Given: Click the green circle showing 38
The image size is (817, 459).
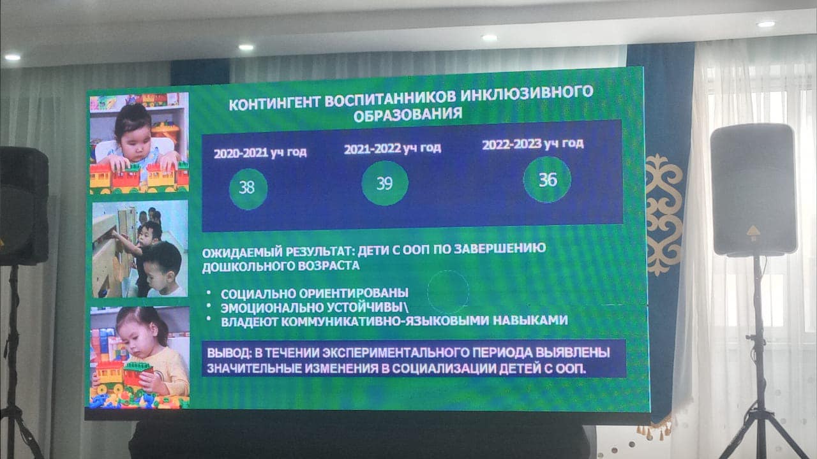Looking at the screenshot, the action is coord(248,189).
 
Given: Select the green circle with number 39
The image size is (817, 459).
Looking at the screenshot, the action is coord(385,183).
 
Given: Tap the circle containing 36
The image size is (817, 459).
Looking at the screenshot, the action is coord(547,179).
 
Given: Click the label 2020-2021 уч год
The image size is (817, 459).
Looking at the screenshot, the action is coord(260,152).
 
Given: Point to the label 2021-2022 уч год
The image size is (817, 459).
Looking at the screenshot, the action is coord(393,149).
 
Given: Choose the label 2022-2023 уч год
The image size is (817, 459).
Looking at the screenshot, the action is coord(533,144).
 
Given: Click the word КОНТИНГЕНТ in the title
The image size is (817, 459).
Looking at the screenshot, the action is coord(274,103).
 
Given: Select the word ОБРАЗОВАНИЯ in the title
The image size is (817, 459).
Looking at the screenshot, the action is coord(408,114).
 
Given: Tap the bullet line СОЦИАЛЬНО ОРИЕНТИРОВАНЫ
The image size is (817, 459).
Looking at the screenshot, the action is coord(315,293).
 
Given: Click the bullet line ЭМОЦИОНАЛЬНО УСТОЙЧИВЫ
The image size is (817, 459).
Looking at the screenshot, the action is coord(315,308).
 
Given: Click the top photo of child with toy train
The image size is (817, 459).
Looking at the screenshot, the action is coord(139,143).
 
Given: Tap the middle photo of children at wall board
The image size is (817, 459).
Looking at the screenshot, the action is coord(140,249).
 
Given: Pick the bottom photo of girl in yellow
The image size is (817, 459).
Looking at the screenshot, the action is coord(140,357).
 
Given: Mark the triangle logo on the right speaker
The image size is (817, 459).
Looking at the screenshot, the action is coord(753,231).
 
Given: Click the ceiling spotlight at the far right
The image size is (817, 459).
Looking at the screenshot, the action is coord(767,24).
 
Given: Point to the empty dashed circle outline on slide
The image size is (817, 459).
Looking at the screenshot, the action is coord(428,291).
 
